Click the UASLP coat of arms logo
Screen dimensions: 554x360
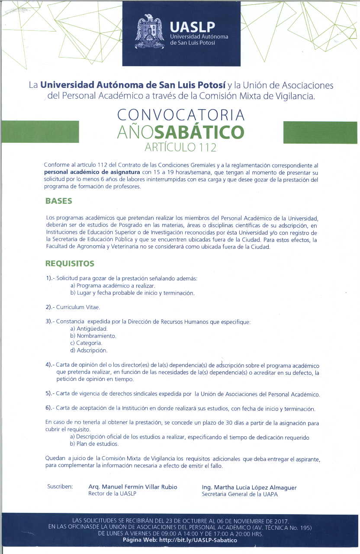[x=149, y=32]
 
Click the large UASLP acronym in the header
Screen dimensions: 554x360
[x=193, y=27]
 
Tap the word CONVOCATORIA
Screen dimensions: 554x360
[x=181, y=115]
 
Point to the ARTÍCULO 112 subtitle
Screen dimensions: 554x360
[x=180, y=147]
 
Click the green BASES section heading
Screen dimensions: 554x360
[x=59, y=201]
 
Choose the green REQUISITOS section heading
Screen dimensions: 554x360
[x=70, y=264]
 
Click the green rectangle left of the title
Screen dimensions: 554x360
[x=40, y=132]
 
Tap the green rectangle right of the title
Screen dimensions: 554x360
[x=320, y=132]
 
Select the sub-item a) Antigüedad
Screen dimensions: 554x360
[x=89, y=329]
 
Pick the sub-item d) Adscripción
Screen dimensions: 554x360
[x=89, y=350]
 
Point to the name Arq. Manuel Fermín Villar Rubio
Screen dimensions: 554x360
[x=132, y=487]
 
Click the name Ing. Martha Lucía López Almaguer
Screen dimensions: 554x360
[x=249, y=487]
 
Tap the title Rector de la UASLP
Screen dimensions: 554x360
[x=112, y=494]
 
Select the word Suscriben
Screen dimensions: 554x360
[x=60, y=487]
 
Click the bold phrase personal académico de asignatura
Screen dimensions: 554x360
[x=92, y=172]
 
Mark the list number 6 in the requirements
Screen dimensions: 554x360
[x=48, y=409]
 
